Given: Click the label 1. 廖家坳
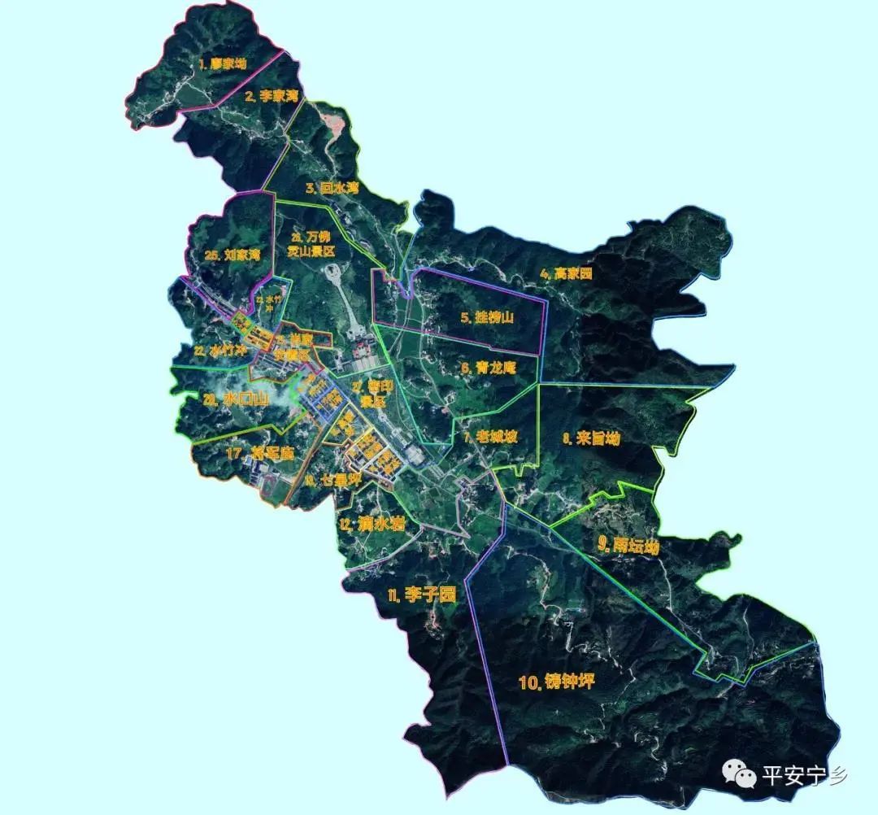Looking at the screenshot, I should click(x=221, y=63).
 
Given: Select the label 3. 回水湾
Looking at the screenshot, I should click(x=332, y=189).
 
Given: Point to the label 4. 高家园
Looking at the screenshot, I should click(x=566, y=274).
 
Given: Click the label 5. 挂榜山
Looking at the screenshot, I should click(x=488, y=318).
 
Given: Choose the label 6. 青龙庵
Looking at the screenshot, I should click(x=488, y=368).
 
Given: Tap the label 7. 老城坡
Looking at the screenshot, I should click(x=490, y=437).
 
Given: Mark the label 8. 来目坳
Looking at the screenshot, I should click(x=591, y=438).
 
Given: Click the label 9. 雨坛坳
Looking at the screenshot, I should click(x=628, y=546).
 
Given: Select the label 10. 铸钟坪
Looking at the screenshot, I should click(x=557, y=682).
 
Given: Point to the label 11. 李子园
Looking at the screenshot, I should click(x=421, y=595).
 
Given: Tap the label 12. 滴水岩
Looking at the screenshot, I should click(x=373, y=525).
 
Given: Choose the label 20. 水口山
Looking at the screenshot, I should click(x=236, y=399).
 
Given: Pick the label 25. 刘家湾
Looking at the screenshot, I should click(x=233, y=255).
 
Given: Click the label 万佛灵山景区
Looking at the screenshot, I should click(x=311, y=244).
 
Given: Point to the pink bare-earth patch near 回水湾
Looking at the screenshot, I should click(x=334, y=124).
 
